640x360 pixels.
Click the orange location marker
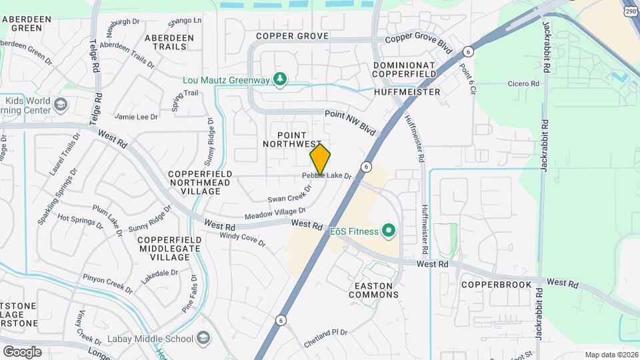click(x=320, y=159)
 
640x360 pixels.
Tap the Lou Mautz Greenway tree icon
click(x=281, y=79)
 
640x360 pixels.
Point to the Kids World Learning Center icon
click(x=61, y=104)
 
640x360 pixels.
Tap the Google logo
click(x=22, y=351)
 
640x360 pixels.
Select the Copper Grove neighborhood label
click(x=292, y=35)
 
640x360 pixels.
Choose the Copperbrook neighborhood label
click(x=496, y=285)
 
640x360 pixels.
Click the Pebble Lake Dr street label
click(x=326, y=175)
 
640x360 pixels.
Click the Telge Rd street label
click(x=94, y=58)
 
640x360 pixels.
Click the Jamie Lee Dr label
click(x=136, y=116)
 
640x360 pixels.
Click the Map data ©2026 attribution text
click(x=611, y=355)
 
